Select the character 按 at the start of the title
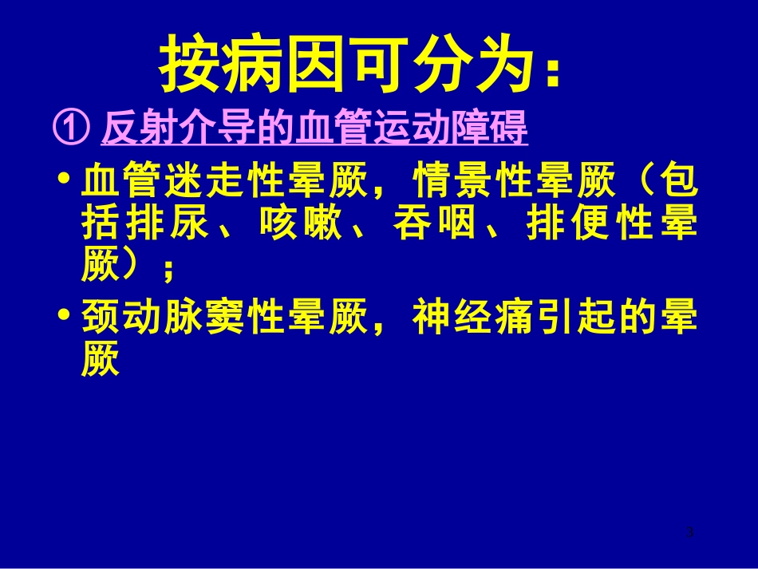(186, 64)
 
